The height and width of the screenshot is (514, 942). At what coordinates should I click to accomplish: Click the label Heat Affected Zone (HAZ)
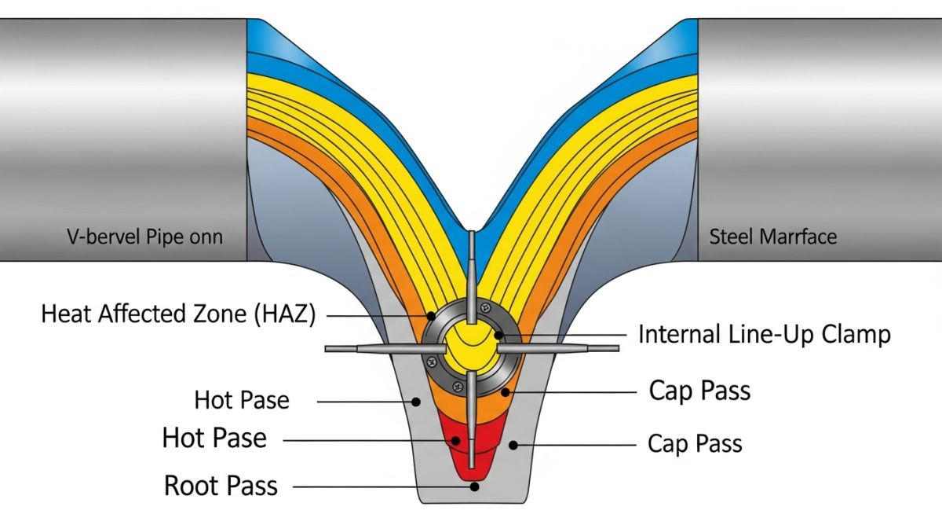[178, 314]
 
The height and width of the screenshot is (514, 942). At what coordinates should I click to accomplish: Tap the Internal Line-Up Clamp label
[764, 334]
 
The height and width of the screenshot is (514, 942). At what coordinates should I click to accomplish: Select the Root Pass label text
[221, 486]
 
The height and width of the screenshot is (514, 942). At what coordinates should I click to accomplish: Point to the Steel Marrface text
[772, 236]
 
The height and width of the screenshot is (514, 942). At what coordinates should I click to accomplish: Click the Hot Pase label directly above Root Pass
[214, 438]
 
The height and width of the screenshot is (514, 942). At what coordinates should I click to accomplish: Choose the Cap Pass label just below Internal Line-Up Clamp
[699, 390]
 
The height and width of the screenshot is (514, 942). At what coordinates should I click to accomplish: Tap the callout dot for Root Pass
[475, 486]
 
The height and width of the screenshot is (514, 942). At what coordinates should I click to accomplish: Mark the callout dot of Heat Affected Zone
[431, 315]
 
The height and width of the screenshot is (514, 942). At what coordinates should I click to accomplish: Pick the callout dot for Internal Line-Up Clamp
[498, 336]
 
